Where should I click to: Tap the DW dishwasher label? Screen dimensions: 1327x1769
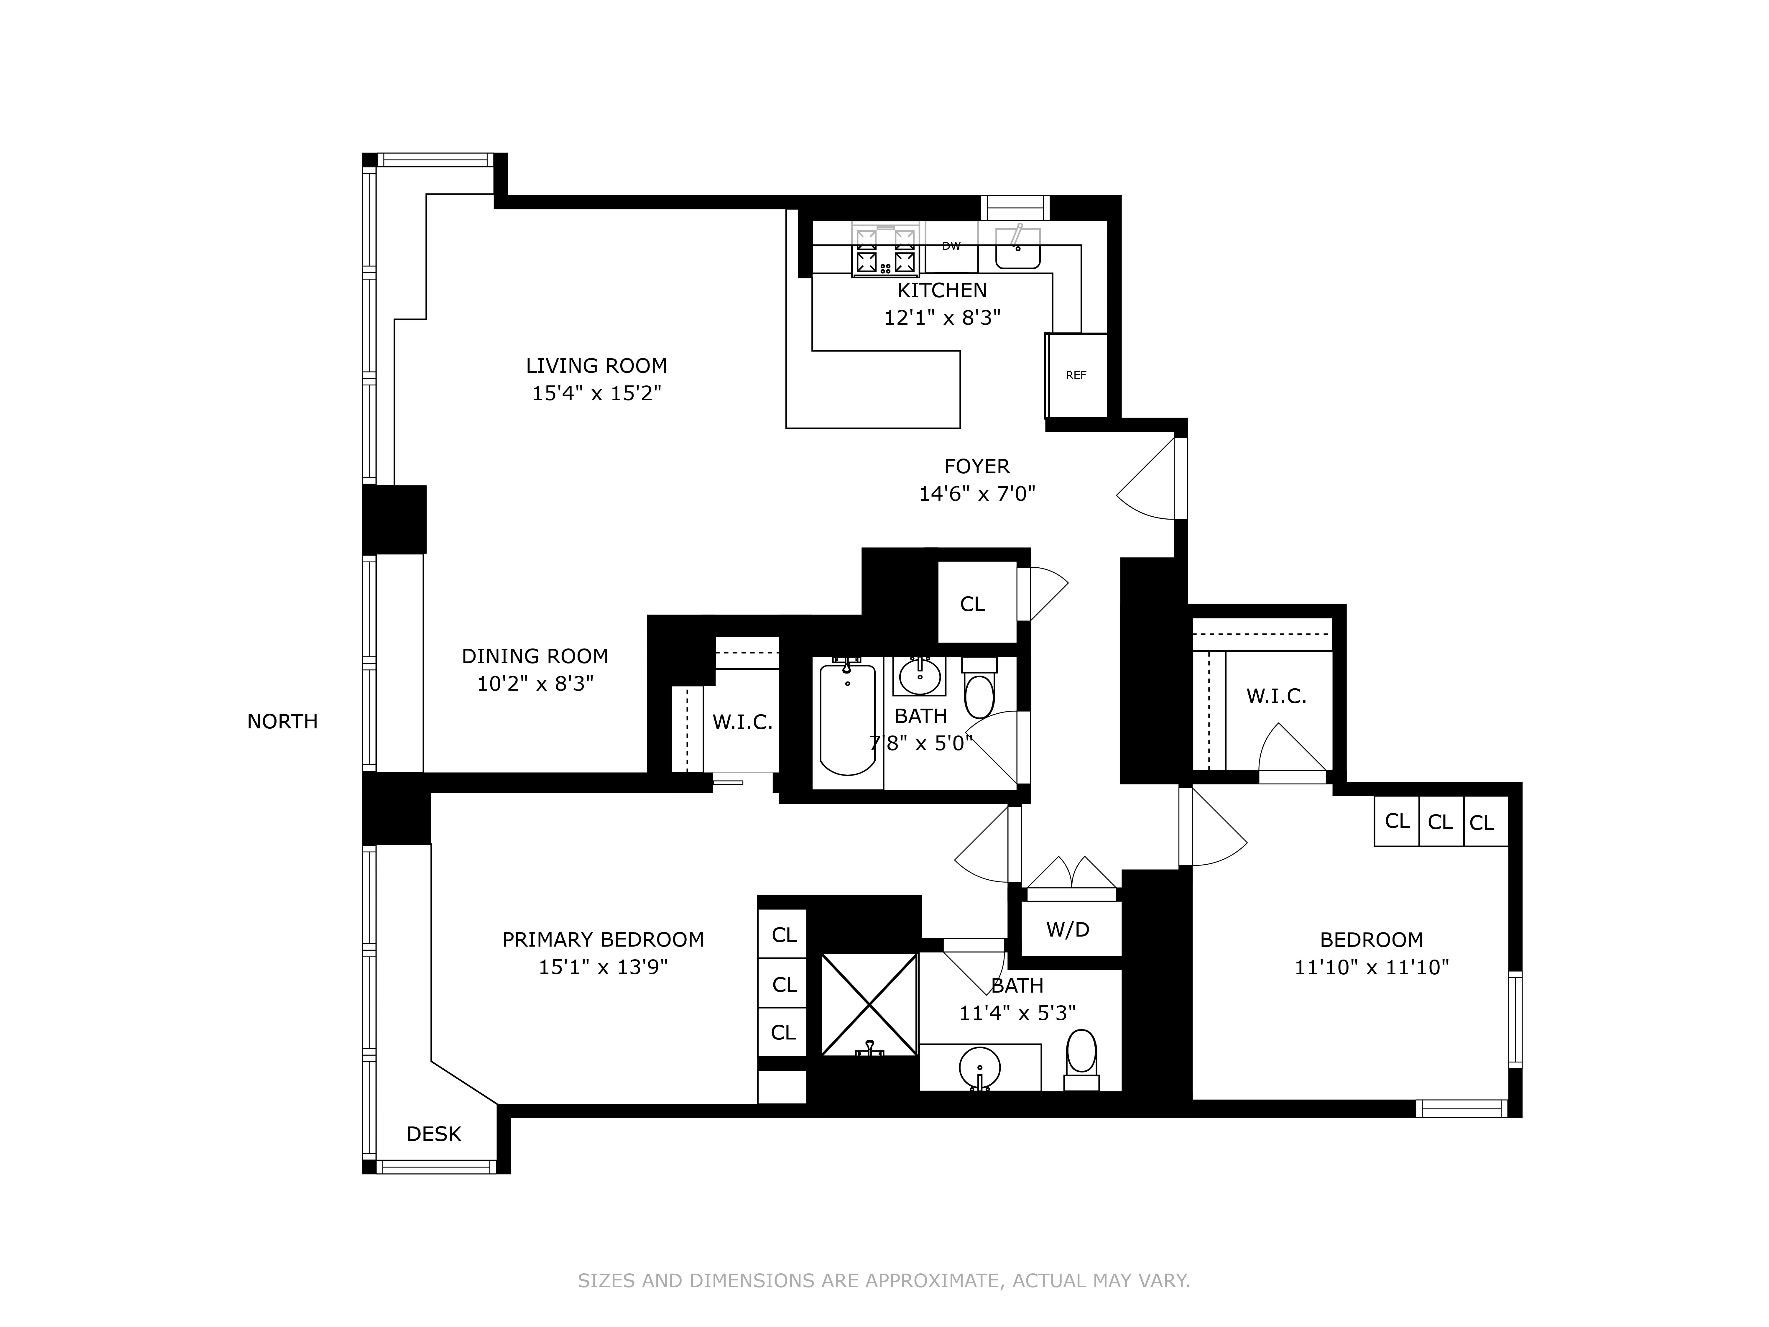(951, 246)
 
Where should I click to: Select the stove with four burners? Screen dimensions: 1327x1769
(885, 250)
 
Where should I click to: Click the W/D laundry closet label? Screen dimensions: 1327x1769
(1068, 929)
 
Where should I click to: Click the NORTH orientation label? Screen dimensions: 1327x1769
(282, 722)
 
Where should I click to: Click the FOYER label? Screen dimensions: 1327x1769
(976, 466)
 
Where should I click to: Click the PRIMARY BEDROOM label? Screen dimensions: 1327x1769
(603, 940)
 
